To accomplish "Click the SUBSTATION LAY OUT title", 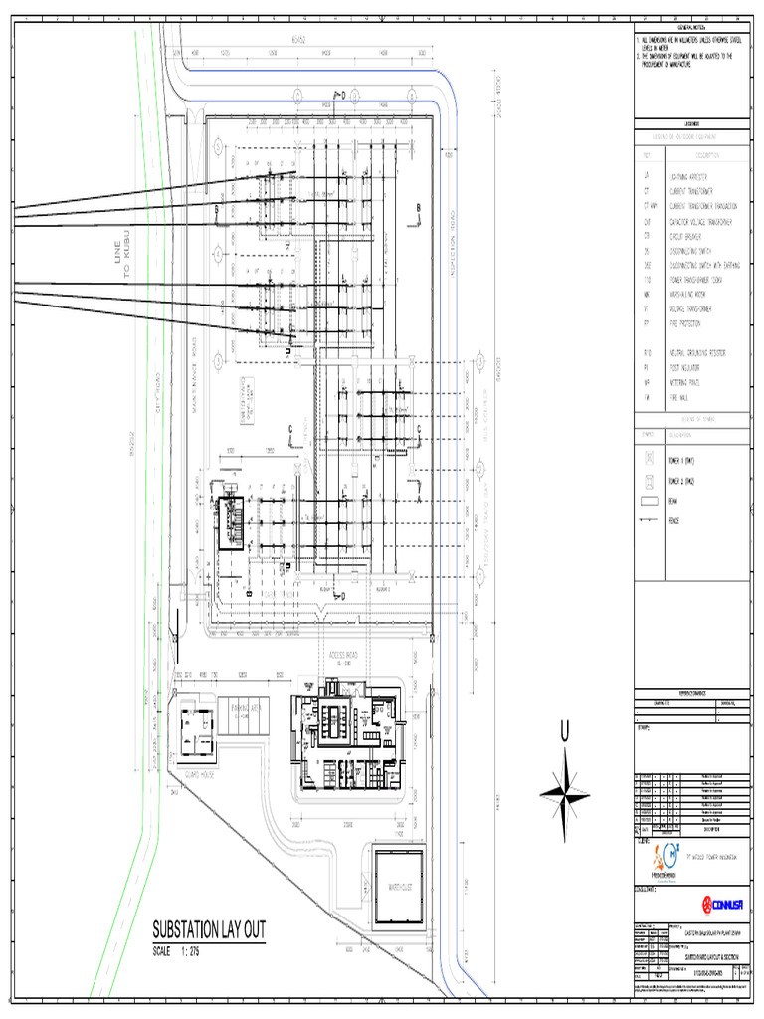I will click(x=208, y=931).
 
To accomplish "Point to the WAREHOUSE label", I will click(x=396, y=885).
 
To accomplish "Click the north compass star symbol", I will click(x=565, y=793).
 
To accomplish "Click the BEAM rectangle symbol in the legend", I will click(x=650, y=501).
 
